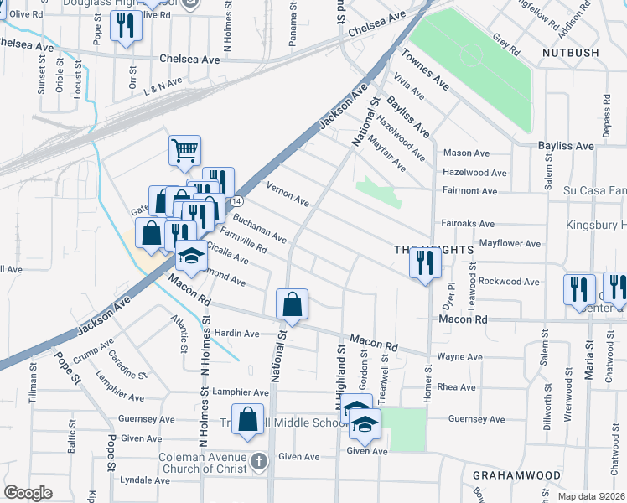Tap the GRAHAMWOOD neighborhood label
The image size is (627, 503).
(x=516, y=474)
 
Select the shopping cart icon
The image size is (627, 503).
(x=184, y=151)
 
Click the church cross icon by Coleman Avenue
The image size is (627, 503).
(x=260, y=461)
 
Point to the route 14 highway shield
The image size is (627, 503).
(x=237, y=201)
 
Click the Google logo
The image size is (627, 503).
(x=28, y=493)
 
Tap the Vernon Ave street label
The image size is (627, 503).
(x=288, y=194)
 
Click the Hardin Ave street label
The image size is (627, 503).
(x=237, y=334)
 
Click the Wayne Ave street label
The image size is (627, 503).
(x=460, y=357)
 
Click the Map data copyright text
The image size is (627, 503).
(x=591, y=497)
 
